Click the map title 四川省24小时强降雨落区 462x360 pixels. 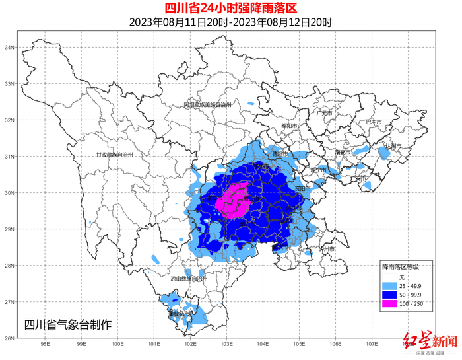[230, 9]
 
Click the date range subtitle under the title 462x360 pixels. [230, 22]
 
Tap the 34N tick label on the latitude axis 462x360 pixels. [10, 48]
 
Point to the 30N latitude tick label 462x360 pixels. [10, 193]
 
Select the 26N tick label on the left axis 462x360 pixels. [10, 338]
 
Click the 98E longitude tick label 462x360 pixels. [46, 345]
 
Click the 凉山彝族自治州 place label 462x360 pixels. [189, 279]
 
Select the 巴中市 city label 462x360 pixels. [374, 122]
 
